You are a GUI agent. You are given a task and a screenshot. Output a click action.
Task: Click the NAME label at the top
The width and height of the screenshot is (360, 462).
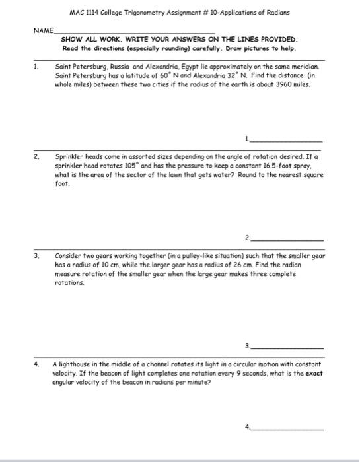44,30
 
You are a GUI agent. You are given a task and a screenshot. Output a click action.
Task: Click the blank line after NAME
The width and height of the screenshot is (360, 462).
135,32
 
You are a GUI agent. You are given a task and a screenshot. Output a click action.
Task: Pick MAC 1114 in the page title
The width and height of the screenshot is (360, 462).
83,13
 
